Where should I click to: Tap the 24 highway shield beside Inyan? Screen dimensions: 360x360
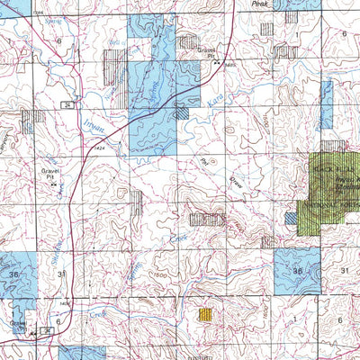coord(67,105)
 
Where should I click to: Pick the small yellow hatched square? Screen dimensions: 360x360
coord(205,315)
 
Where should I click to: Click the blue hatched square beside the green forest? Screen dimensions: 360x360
coord(291,217)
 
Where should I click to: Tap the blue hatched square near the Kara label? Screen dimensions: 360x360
coord(182,112)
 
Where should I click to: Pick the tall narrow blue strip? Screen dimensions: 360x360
coord(326,103)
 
